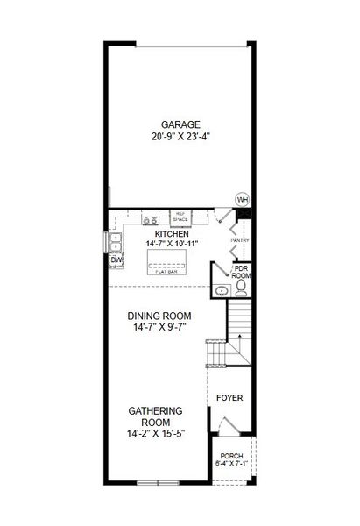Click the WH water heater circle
click(243, 199)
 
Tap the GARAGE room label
click(180, 124)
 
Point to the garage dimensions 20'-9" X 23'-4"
click(180, 138)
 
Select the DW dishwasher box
click(116, 259)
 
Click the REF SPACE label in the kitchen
click(180, 216)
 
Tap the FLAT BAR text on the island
click(166, 272)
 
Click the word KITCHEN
click(171, 234)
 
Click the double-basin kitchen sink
click(115, 240)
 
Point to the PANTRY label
click(239, 239)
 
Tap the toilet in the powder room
click(241, 290)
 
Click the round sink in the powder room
click(221, 290)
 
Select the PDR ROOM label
click(241, 272)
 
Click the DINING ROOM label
click(159, 316)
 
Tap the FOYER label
click(230, 397)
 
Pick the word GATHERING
click(155, 410)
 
